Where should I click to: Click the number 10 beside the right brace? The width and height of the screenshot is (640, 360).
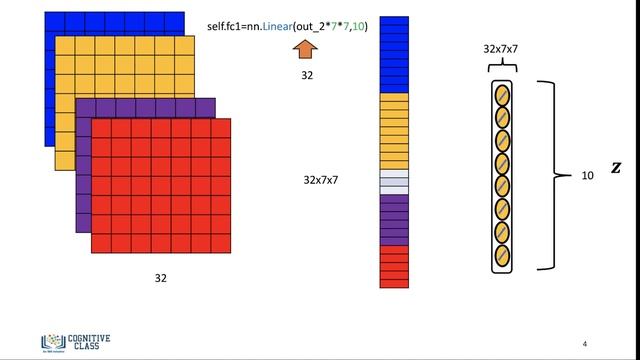pos(588,175)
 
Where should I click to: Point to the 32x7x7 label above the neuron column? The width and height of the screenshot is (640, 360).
pos(500,48)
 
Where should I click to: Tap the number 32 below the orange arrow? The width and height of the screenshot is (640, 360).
pos(306,75)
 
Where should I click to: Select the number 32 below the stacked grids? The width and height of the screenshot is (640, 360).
pos(161,276)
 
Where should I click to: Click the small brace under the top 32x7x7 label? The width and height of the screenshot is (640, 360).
pos(500,67)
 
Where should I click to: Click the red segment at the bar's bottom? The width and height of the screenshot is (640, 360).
pos(394,266)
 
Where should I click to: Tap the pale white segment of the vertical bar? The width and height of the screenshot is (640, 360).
pos(394,181)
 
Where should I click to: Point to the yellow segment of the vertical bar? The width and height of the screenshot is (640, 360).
pos(394,130)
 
